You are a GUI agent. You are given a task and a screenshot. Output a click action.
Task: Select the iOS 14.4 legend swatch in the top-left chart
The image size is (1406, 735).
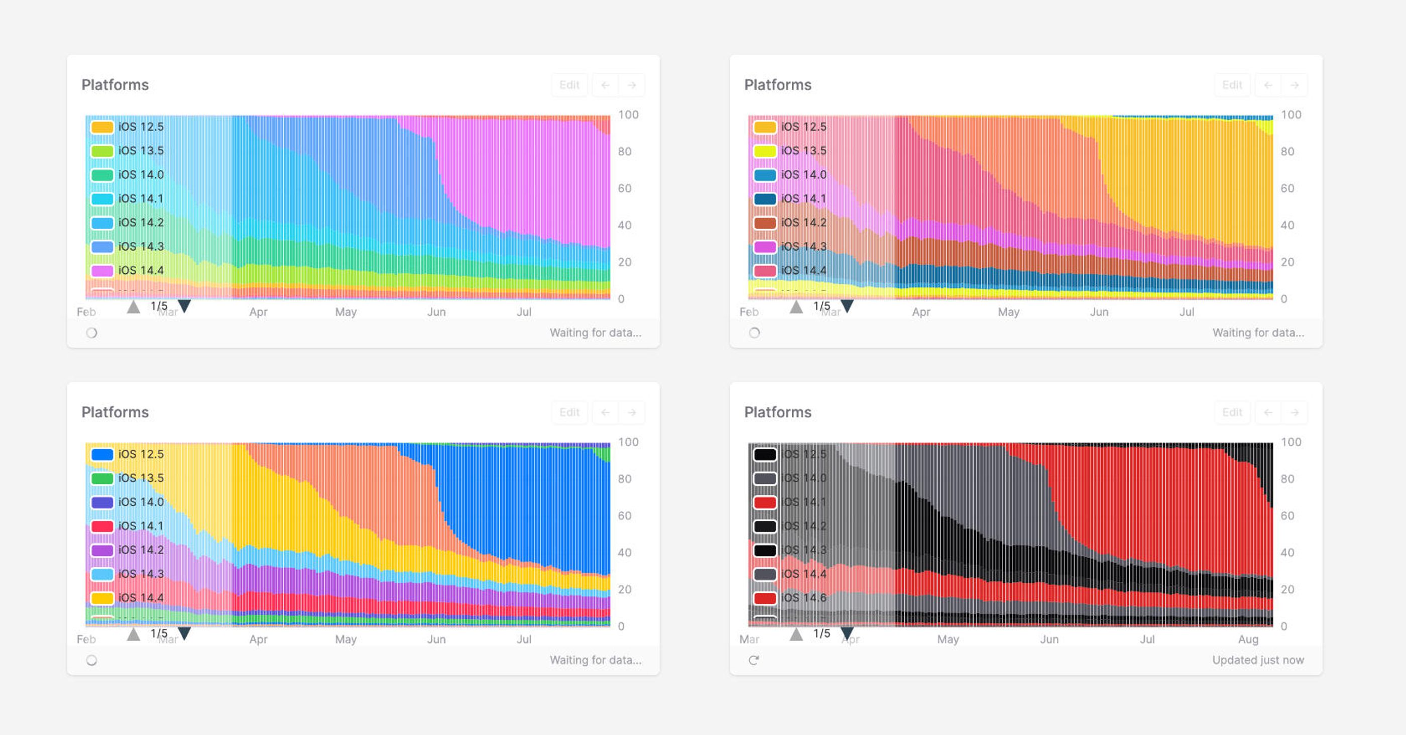pyautogui.click(x=102, y=271)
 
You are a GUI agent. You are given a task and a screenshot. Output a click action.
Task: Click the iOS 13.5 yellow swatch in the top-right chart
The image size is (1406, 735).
pyautogui.click(x=765, y=151)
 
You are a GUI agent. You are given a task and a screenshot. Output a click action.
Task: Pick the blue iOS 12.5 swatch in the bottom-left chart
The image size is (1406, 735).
pyautogui.click(x=102, y=454)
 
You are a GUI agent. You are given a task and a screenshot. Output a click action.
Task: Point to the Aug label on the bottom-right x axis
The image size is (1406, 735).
pyautogui.click(x=1248, y=640)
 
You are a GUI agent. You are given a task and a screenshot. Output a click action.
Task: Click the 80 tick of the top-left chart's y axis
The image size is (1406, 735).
pyautogui.click(x=624, y=152)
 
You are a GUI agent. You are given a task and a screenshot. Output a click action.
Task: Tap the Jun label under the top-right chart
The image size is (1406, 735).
pyautogui.click(x=1099, y=312)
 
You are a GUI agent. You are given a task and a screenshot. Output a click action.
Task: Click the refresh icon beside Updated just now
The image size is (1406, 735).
pyautogui.click(x=754, y=661)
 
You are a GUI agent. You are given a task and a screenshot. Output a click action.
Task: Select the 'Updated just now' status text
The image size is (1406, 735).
pyautogui.click(x=1257, y=660)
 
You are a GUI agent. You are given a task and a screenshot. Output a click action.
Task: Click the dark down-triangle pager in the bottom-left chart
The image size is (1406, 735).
pyautogui.click(x=184, y=634)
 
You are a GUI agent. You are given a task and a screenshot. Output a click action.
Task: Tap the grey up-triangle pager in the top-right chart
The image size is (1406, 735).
pyautogui.click(x=796, y=307)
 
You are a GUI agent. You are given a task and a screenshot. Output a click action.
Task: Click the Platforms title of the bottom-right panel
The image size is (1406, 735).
pyautogui.click(x=777, y=412)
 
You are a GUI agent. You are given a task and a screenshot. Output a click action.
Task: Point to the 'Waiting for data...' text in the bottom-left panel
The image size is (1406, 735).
pyautogui.click(x=595, y=660)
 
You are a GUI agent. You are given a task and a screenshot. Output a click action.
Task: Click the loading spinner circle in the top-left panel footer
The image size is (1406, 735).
pyautogui.click(x=92, y=333)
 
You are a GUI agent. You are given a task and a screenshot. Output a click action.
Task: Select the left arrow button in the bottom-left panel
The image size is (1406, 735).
pyautogui.click(x=605, y=412)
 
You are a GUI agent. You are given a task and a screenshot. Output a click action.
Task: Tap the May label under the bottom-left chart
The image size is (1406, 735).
pyautogui.click(x=345, y=640)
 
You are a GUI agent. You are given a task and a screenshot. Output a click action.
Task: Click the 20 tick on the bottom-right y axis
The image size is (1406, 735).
pyautogui.click(x=1287, y=590)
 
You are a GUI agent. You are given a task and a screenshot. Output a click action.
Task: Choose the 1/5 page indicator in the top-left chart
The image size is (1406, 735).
pyautogui.click(x=159, y=306)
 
